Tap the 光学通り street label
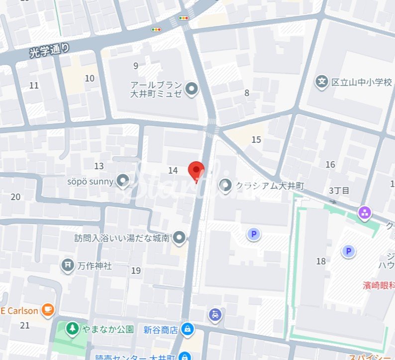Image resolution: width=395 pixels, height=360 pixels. (x=49, y=50)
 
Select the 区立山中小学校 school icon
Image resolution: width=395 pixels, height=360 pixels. (x=322, y=81)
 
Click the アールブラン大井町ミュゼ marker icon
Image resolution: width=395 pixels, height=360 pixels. (x=192, y=90)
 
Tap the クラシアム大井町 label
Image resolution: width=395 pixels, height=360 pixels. (x=270, y=186)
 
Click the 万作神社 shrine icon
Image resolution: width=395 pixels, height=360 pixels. (x=67, y=265)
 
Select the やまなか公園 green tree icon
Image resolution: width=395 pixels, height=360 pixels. (x=73, y=329)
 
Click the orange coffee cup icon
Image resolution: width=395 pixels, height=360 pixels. (x=48, y=310)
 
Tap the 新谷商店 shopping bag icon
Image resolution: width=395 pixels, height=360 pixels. (x=188, y=329)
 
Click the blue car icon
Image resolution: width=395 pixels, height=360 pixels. (x=214, y=314)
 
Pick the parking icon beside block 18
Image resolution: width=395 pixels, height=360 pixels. (x=348, y=251)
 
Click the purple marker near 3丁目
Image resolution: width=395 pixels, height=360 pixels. (x=365, y=214)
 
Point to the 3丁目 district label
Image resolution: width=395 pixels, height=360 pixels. (x=339, y=191)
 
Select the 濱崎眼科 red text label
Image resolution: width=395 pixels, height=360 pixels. (x=378, y=285)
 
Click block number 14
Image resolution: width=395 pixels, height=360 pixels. (x=173, y=171)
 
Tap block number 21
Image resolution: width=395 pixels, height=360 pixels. (x=25, y=326)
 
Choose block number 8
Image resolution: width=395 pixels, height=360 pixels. (x=247, y=93)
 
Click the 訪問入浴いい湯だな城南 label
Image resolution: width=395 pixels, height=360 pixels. (x=122, y=238)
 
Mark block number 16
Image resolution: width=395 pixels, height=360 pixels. (x=330, y=165)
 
